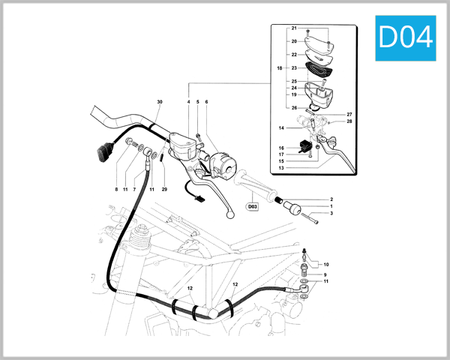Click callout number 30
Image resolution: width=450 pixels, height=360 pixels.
159,101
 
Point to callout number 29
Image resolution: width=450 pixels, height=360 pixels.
164,190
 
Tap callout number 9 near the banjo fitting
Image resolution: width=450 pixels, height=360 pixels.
325,275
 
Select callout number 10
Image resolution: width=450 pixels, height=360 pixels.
325,265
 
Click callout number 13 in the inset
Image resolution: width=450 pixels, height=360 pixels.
281,168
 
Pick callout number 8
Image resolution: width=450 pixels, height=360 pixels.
116,190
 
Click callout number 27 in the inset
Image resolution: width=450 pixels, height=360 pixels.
349,115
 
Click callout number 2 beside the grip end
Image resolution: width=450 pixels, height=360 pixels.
331,199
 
